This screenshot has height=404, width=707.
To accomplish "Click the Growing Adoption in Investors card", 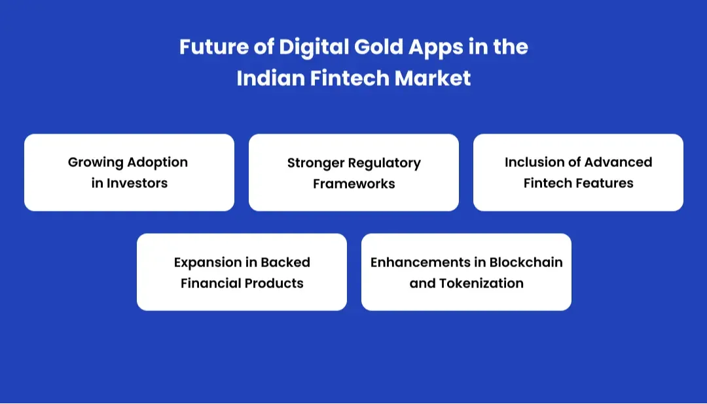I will pyautogui.click(x=129, y=172).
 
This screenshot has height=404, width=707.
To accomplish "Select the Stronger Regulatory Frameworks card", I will pyautogui.click(x=353, y=173).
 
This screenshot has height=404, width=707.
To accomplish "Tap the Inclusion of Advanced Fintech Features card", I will pyautogui.click(x=578, y=172).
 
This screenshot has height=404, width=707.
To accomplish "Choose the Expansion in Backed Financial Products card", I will pyautogui.click(x=242, y=272).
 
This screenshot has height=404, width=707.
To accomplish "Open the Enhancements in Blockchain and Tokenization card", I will pyautogui.click(x=466, y=272).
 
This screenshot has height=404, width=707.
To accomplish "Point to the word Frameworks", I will pyautogui.click(x=353, y=184).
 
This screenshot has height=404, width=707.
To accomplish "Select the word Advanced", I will pyautogui.click(x=619, y=162).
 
